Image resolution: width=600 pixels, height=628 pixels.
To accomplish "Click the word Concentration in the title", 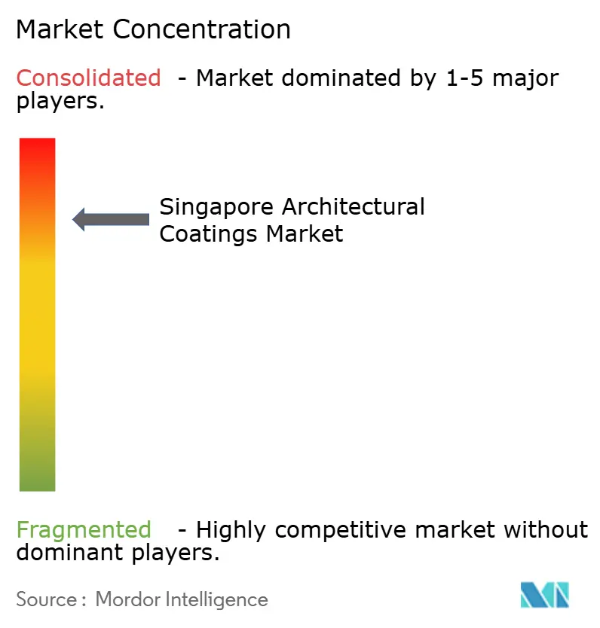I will pyautogui.click(x=203, y=29).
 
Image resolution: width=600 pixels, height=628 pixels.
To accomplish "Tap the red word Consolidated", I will pyautogui.click(x=88, y=78).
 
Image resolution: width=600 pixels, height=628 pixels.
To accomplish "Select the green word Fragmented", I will pyautogui.click(x=84, y=530).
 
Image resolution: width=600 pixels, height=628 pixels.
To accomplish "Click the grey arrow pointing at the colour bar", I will pyautogui.click(x=111, y=219).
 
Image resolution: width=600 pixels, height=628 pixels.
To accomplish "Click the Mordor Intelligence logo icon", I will pyautogui.click(x=545, y=595).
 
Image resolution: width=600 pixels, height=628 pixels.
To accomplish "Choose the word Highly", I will pyautogui.click(x=234, y=531).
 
